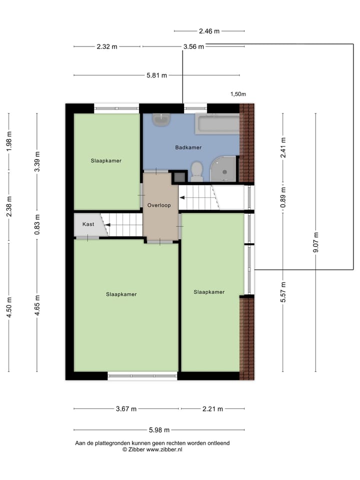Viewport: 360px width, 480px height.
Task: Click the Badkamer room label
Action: point(188,147)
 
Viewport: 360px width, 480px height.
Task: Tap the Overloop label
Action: point(159,205)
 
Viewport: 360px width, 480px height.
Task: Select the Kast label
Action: point(88,224)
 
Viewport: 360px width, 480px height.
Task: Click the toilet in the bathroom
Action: point(196,171)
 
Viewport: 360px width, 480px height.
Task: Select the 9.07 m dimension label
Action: point(315,242)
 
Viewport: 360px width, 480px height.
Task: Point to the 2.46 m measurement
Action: point(209,31)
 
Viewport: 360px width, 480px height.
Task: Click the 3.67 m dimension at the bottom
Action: point(126,409)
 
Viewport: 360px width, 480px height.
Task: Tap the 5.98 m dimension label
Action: point(159,430)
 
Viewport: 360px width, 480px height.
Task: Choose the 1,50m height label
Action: point(238,94)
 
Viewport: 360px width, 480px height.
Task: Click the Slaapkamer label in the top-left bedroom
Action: point(106,161)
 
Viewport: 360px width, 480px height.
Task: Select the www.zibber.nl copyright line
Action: point(152,449)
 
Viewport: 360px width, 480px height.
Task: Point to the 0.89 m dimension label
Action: point(283,197)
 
